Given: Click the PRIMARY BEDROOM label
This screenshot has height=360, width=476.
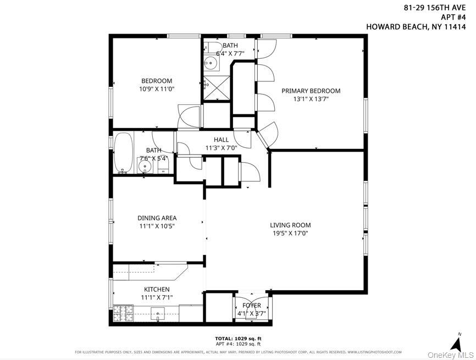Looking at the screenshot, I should (311, 91).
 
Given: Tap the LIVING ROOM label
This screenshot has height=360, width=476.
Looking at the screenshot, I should (290, 225).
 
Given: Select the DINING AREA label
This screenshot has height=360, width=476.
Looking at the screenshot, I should (157, 218).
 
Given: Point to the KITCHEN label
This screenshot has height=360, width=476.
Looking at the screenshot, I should (157, 289).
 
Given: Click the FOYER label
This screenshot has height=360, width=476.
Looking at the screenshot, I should (251, 306).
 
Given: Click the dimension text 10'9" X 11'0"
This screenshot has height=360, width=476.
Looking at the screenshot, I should (157, 89).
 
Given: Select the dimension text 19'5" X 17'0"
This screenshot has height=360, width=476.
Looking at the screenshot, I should (290, 233).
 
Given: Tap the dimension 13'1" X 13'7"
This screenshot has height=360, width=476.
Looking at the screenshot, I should (311, 99).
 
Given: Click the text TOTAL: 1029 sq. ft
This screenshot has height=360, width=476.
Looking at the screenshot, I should (238, 338).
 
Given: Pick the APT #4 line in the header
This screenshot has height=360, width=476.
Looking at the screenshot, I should (452, 16).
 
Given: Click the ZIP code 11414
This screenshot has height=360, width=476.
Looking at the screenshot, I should (455, 26).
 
